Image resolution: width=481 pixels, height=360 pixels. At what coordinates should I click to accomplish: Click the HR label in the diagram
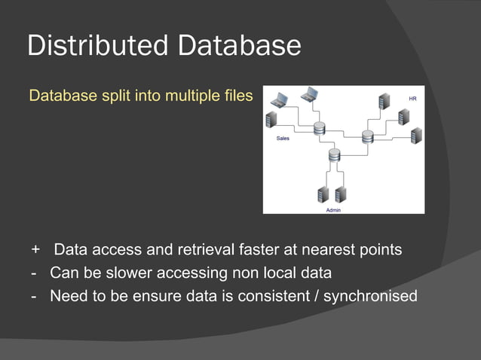point(412,98)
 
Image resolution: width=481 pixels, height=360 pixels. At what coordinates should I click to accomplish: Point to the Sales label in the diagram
point(283,139)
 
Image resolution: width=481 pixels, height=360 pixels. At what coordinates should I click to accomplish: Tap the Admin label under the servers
point(333,209)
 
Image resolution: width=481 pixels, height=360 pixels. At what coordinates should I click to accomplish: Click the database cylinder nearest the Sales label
point(319,128)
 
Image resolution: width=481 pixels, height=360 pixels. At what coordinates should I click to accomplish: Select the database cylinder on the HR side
point(367,136)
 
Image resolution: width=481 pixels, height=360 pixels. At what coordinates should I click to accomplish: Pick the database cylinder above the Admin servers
point(334,156)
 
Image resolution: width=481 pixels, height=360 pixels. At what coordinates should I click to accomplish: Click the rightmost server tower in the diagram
point(415,136)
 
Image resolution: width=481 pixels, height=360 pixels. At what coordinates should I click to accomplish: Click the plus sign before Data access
point(35,249)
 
